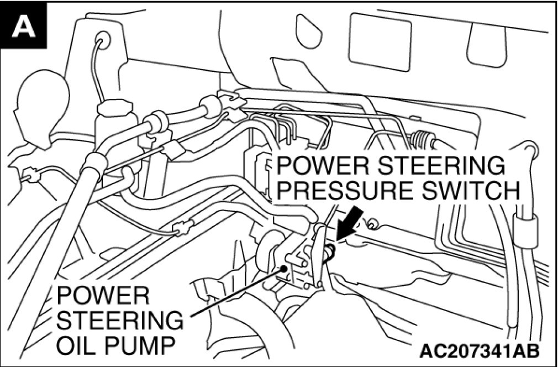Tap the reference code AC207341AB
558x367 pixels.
pyautogui.click(x=478, y=350)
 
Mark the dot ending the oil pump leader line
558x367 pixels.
pyautogui.click(x=284, y=270)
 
